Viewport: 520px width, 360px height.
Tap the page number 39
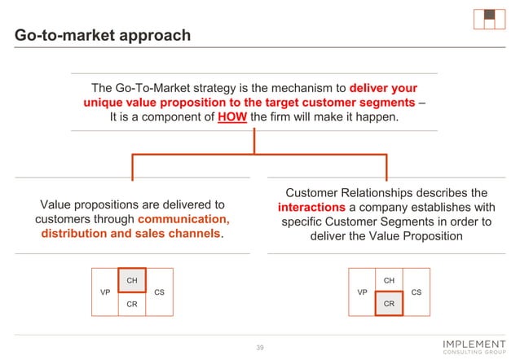coord(261,348)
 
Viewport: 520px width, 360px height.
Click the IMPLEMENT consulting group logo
coord(473,347)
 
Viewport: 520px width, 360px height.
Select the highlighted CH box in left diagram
coord(132,280)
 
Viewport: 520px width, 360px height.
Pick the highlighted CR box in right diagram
coord(389,303)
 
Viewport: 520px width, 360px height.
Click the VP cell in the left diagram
coord(104,292)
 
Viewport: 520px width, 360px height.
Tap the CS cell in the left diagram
coord(159,292)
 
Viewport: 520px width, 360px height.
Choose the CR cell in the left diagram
coord(132,303)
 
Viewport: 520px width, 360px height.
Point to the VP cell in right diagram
coord(361,292)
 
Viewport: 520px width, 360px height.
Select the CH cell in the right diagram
coord(389,280)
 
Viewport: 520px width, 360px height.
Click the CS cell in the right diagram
coord(416,292)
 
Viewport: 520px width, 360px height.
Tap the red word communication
coord(184,219)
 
